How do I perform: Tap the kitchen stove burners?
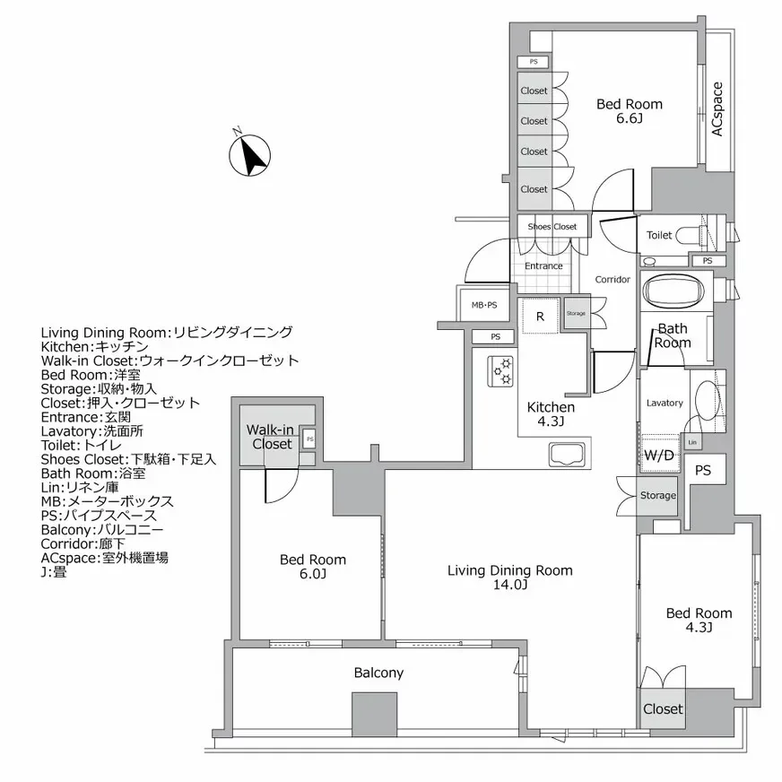(500, 371)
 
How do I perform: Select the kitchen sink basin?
(564, 455)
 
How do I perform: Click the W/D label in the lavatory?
(659, 455)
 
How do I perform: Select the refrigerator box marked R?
(540, 317)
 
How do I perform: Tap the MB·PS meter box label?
(484, 305)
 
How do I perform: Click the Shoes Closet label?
(552, 227)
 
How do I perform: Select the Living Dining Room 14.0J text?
(510, 578)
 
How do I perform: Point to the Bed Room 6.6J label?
(630, 112)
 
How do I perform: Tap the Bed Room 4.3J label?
(699, 621)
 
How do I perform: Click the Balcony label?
(378, 673)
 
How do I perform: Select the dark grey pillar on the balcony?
(374, 714)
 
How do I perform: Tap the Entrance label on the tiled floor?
(543, 266)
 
